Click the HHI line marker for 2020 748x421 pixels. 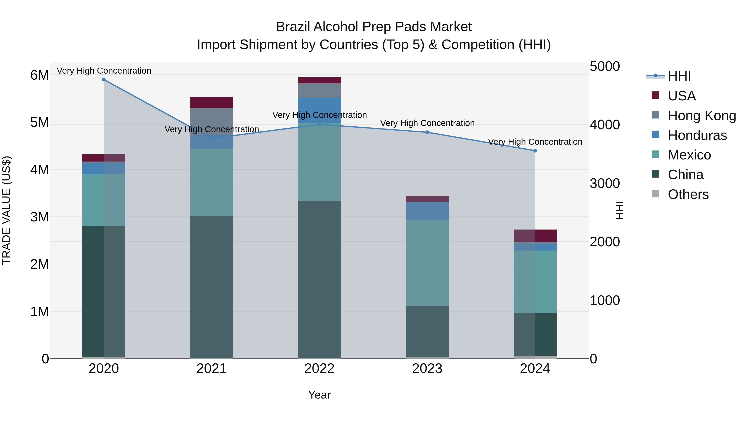click(x=104, y=80)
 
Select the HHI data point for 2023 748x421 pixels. click(x=427, y=132)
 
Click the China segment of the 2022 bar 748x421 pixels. click(x=319, y=279)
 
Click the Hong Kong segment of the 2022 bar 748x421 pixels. click(x=319, y=90)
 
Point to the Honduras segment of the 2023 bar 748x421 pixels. click(x=427, y=211)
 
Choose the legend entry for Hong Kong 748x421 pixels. click(x=701, y=116)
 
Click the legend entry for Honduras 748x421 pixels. click(x=697, y=135)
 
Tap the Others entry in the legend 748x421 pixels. click(x=688, y=194)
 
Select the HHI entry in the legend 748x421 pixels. click(x=679, y=76)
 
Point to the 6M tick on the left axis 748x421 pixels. click(x=39, y=75)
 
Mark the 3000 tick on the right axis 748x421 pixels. click(x=605, y=183)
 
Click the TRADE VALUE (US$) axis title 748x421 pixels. click(x=6, y=210)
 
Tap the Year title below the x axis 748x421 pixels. click(x=319, y=395)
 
